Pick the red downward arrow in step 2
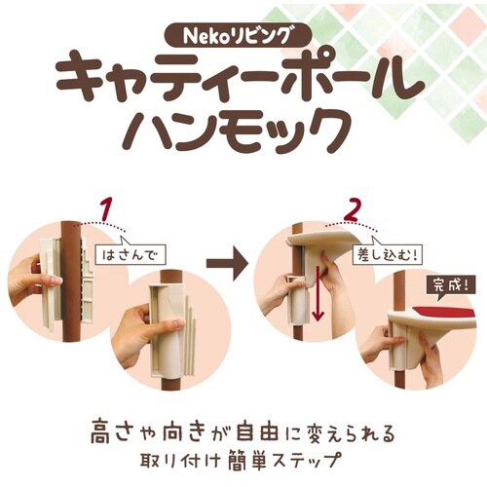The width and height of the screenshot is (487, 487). tap(317, 297)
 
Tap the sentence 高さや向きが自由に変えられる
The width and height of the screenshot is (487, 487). tap(243, 430)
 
